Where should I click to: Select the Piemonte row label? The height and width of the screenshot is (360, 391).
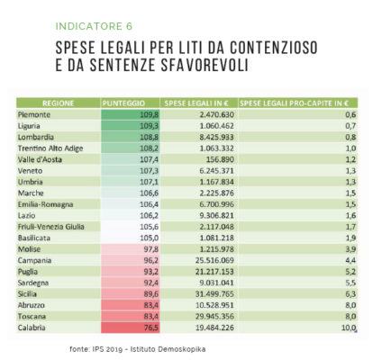click(34, 115)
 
